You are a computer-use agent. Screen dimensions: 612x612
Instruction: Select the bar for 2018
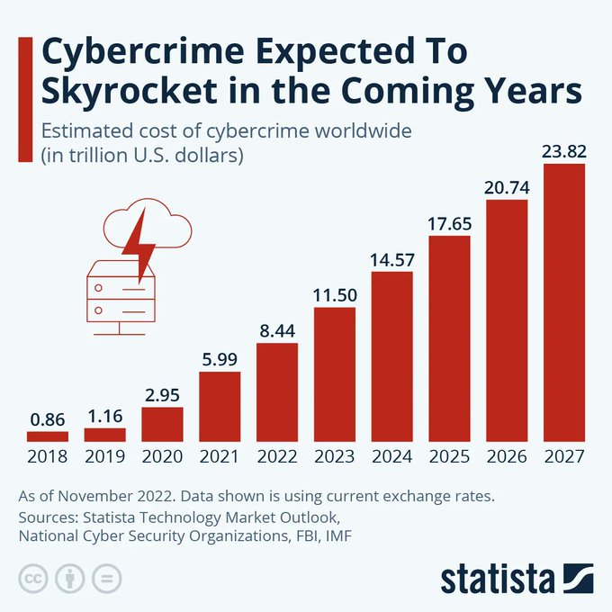(x=48, y=436)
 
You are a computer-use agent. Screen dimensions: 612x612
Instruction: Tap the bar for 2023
(x=334, y=374)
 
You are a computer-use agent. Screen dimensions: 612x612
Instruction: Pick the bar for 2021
(x=220, y=407)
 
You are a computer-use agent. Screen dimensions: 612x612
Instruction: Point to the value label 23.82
(x=564, y=151)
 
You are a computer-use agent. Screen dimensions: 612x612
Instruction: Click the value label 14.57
(x=391, y=259)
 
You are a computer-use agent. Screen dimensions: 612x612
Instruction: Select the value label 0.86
(x=48, y=419)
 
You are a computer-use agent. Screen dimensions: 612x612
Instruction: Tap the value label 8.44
(x=277, y=331)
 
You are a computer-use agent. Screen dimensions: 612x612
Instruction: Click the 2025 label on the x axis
(x=449, y=456)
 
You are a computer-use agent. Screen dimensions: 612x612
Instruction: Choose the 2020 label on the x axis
(x=162, y=456)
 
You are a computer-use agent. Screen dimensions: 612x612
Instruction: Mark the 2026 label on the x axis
(x=507, y=456)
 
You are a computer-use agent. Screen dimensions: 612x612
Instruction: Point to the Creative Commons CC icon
(x=33, y=578)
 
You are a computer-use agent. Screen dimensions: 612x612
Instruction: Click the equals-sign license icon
(x=105, y=578)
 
